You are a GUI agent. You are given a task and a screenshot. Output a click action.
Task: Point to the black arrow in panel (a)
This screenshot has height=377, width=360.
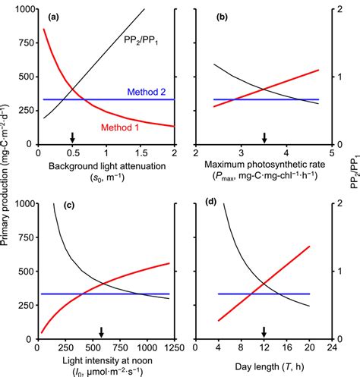(72, 137)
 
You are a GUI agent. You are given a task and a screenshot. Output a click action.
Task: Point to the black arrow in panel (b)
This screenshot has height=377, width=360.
(264, 137)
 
